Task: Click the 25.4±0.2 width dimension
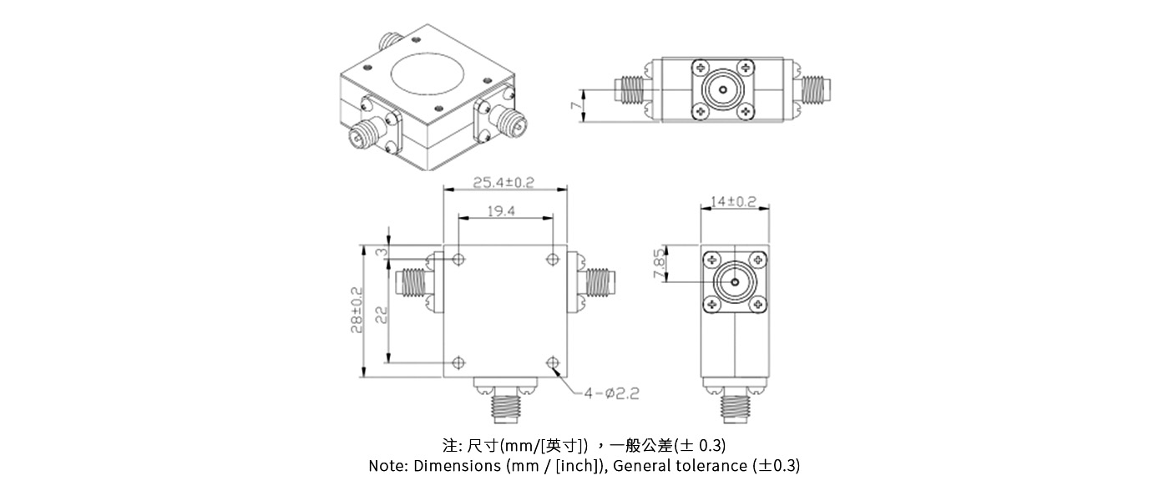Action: [504, 182]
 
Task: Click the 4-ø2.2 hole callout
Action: [611, 393]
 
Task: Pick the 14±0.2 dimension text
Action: [733, 202]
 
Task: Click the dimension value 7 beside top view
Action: [574, 106]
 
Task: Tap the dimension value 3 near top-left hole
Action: [380, 252]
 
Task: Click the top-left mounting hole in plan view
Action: [458, 260]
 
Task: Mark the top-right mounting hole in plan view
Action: [552, 260]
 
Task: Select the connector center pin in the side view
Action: [733, 283]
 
